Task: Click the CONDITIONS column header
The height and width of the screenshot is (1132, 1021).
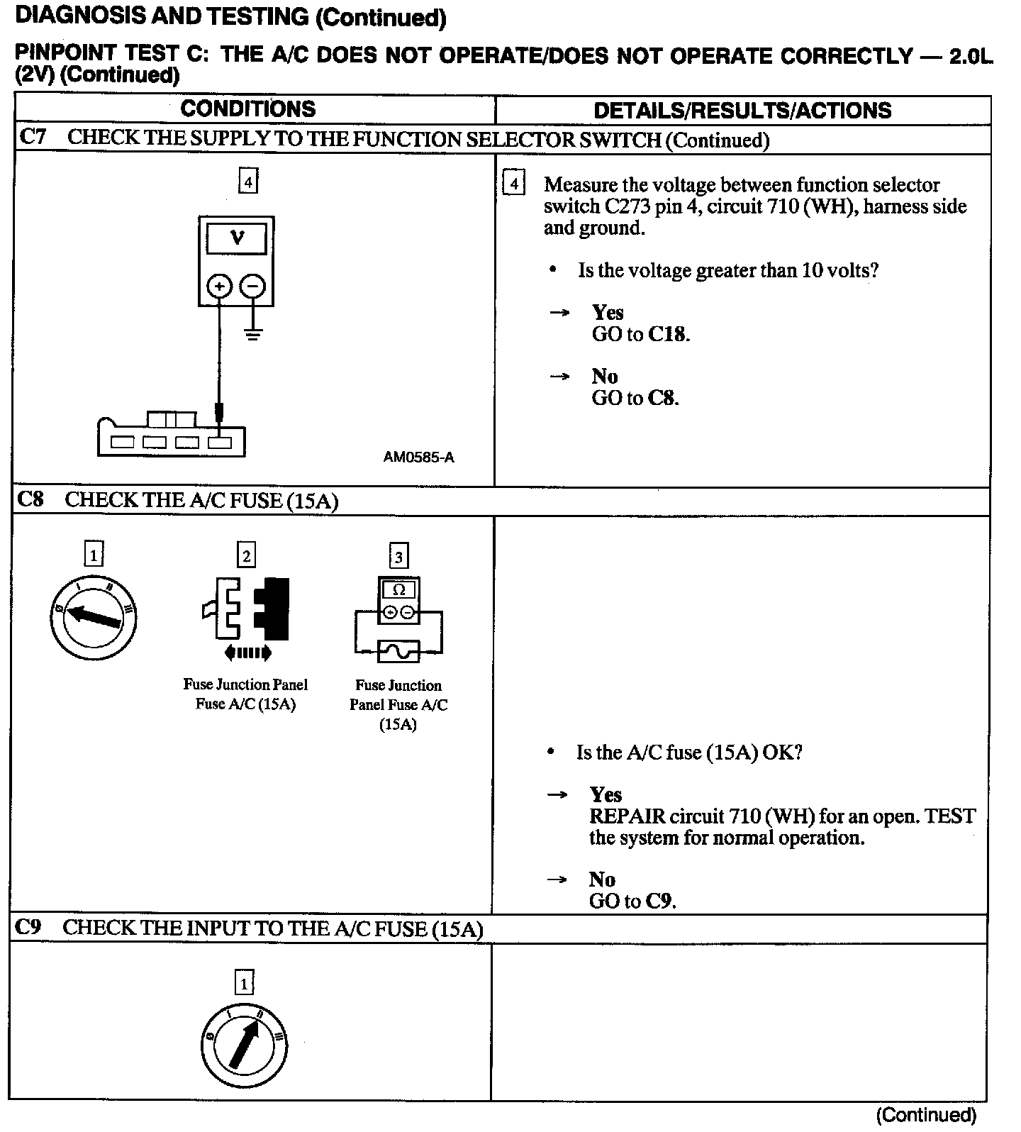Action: click(x=247, y=109)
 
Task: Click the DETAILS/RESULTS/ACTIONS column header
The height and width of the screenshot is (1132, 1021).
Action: click(x=742, y=111)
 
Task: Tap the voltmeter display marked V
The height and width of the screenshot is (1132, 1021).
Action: click(x=237, y=239)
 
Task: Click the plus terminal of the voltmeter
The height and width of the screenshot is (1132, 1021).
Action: click(x=220, y=287)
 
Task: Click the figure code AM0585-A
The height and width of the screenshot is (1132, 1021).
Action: click(x=418, y=457)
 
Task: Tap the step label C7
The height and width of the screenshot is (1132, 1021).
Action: click(x=33, y=137)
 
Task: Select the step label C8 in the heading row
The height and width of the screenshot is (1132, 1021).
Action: click(x=30, y=500)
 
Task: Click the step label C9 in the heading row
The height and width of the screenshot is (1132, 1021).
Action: click(x=29, y=927)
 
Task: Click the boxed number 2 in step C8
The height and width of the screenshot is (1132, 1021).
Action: click(x=246, y=555)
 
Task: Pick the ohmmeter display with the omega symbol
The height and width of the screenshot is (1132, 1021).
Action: click(x=399, y=590)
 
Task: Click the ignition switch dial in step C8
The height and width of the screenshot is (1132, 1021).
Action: click(x=94, y=618)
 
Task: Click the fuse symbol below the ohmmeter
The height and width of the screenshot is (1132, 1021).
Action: click(x=399, y=651)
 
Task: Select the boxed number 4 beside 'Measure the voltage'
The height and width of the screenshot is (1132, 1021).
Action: click(x=513, y=184)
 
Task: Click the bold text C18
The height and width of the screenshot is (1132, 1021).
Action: click(x=667, y=334)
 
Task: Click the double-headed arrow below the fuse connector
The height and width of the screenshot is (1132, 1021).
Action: click(x=247, y=653)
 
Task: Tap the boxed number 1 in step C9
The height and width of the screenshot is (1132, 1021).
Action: click(x=244, y=984)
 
